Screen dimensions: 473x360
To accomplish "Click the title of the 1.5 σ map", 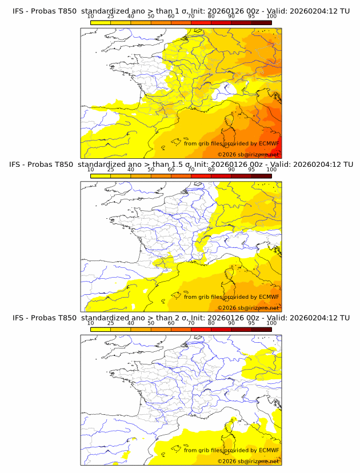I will click(181, 164).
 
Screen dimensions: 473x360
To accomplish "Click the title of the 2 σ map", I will click(181, 318).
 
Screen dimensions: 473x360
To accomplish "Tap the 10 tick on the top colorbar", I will click(90, 16).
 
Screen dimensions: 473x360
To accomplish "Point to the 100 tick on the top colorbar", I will click(271, 16).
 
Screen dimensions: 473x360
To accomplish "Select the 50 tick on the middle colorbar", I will click(151, 170).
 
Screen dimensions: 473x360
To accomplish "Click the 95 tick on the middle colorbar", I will click(251, 170).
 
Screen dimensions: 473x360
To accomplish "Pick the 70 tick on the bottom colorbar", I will click(191, 323).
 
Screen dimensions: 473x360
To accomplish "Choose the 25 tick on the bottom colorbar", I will click(110, 323).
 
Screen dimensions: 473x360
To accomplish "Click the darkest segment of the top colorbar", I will click(261, 22).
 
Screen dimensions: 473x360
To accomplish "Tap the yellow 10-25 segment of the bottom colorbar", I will click(100, 330).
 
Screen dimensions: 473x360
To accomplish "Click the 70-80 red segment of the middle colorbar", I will click(201, 176).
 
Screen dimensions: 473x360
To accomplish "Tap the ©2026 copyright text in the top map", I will click(248, 154).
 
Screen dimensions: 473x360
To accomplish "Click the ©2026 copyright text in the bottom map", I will click(248, 461).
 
